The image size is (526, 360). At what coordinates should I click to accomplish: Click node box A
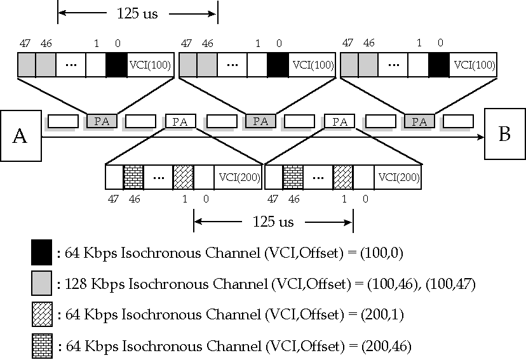pyautogui.click(x=20, y=136)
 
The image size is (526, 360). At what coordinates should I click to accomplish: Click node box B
pyautogui.click(x=504, y=134)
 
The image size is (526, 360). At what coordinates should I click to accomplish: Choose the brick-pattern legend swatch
pyautogui.click(x=41, y=346)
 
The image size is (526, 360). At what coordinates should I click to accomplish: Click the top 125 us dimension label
pyautogui.click(x=138, y=12)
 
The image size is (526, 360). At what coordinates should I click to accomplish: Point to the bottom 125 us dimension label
pyautogui.click(x=273, y=222)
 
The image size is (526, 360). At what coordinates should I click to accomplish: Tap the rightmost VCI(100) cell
pyautogui.click(x=473, y=65)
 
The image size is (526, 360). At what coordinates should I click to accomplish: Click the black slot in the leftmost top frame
pyautogui.click(x=116, y=65)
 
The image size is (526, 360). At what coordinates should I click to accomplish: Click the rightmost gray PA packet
pyautogui.click(x=420, y=121)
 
